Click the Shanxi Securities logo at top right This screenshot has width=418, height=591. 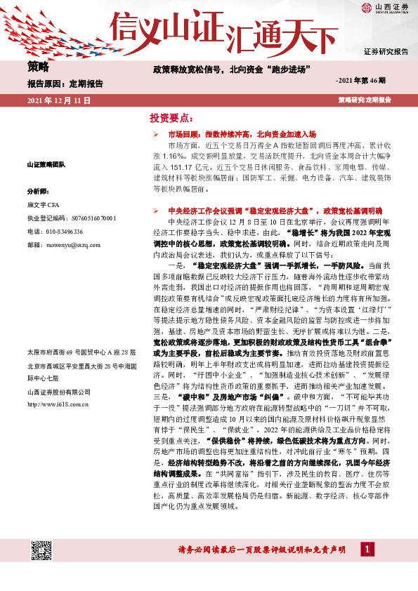[x=385, y=9]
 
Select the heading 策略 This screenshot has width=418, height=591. [x=38, y=67]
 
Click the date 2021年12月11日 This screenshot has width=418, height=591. [x=59, y=101]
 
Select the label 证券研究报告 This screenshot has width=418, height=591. [x=386, y=53]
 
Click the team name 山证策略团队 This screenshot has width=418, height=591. [x=46, y=164]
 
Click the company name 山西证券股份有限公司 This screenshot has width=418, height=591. [x=57, y=392]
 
